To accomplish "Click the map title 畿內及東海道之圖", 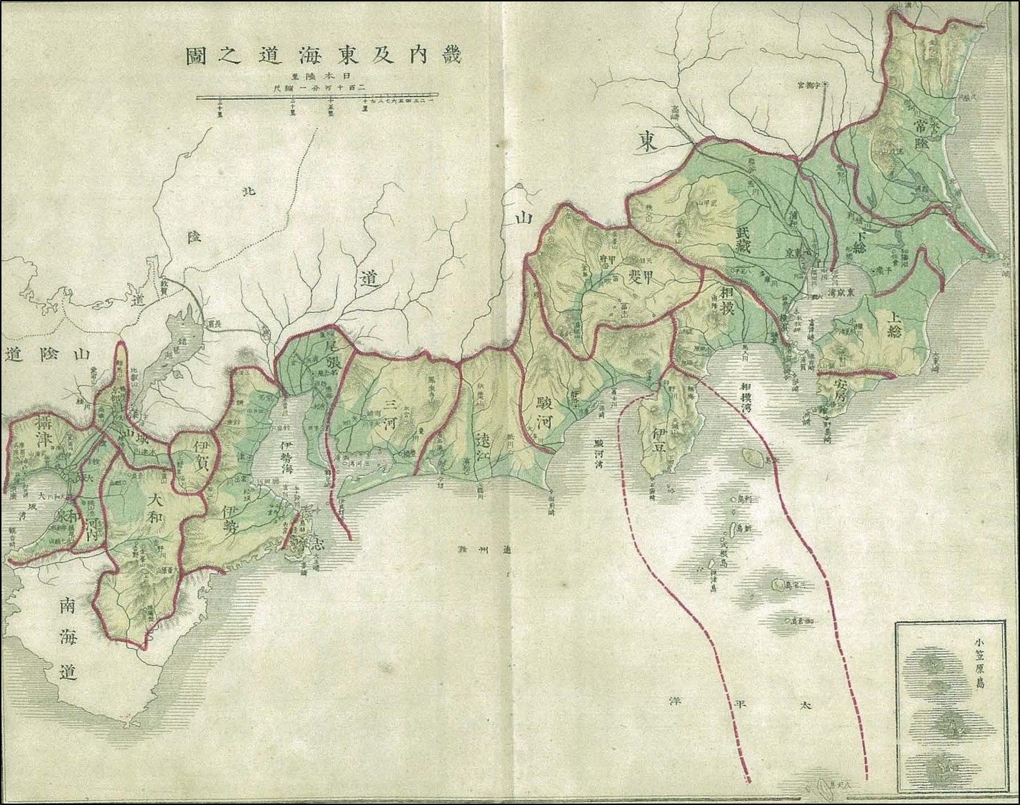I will (x=323, y=56).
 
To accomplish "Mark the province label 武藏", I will (x=743, y=241).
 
